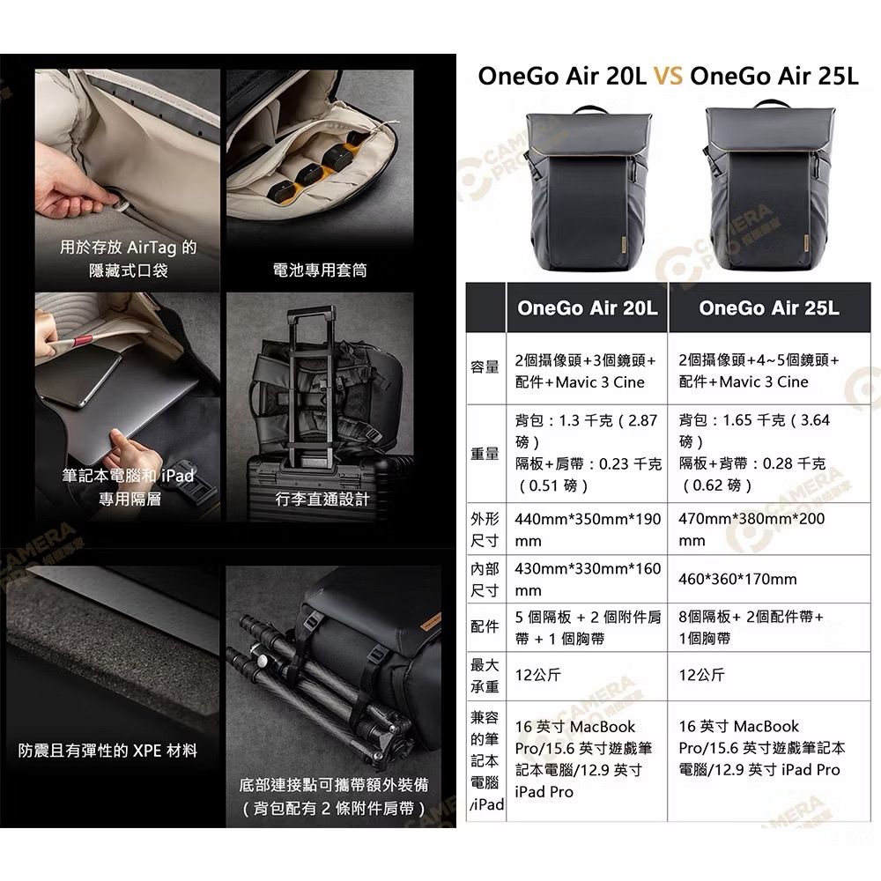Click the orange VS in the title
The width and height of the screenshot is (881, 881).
(668, 76)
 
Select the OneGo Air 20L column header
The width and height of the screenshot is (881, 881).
(587, 307)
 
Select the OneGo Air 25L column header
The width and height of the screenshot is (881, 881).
(769, 307)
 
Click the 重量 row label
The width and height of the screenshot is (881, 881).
(485, 454)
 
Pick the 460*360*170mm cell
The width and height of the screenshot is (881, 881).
(737, 580)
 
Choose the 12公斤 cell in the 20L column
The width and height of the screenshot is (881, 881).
(537, 675)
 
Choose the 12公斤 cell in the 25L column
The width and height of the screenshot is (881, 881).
(701, 675)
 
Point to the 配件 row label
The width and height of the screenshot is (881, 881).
(485, 626)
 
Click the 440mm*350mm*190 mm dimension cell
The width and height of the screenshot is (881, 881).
(588, 529)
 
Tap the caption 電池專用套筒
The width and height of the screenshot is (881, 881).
(320, 270)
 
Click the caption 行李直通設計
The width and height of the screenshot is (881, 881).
(322, 499)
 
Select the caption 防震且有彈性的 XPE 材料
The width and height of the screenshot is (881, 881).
(107, 751)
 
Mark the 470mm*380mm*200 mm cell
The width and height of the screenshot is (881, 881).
(751, 529)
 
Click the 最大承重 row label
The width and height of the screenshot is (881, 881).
(485, 676)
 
